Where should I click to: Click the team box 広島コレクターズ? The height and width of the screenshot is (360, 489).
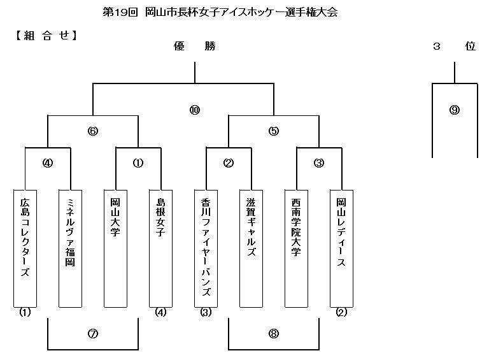[25, 248]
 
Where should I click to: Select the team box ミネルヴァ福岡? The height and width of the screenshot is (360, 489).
[71, 248]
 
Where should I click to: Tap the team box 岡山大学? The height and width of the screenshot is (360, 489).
[115, 248]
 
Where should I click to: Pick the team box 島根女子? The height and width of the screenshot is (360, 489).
[160, 248]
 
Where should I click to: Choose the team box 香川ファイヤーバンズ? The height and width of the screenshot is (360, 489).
[206, 248]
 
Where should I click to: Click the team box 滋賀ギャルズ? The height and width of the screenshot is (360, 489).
[251, 248]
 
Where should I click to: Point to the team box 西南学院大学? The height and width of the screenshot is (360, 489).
[296, 248]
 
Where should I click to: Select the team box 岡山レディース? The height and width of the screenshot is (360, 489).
[341, 248]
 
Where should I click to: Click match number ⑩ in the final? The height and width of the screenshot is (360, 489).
[195, 110]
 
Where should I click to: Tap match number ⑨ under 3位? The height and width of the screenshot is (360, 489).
[455, 110]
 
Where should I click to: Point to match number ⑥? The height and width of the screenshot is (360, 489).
[93, 131]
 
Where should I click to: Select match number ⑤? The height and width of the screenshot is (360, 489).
[274, 131]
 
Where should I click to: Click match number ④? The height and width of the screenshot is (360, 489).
[48, 163]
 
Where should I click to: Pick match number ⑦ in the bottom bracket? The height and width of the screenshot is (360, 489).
[93, 334]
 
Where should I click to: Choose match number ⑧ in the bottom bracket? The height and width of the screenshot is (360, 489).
[274, 334]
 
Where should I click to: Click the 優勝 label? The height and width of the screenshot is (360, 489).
[195, 46]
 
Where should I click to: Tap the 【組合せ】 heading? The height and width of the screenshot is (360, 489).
[46, 36]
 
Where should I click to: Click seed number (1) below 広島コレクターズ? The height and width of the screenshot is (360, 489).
[25, 312]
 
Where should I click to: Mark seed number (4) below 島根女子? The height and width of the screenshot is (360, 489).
[160, 312]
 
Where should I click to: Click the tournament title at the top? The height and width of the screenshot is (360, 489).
[220, 13]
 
